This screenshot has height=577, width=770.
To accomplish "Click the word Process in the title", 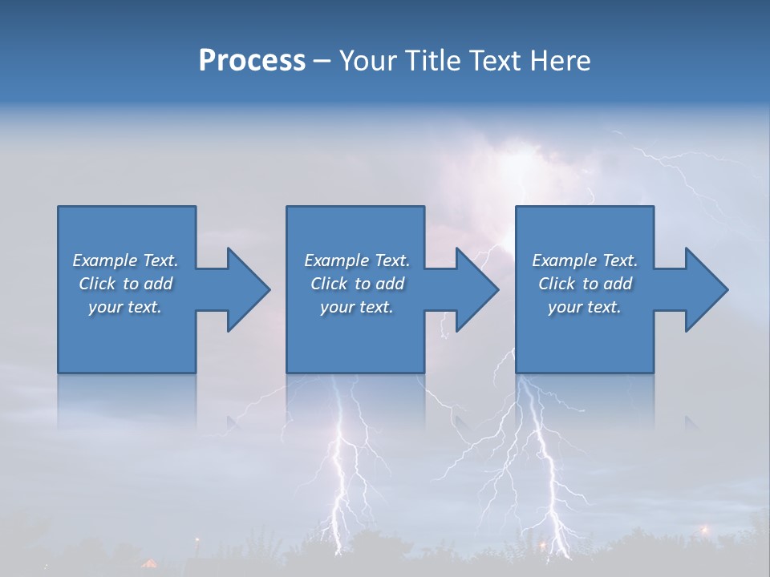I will coord(252,61).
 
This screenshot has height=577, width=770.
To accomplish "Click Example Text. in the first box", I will coord(125,260).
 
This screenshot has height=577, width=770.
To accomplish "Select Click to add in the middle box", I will coord(357,284).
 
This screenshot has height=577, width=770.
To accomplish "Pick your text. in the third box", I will coord(584,307).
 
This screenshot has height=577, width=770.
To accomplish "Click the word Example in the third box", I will coord(564,260).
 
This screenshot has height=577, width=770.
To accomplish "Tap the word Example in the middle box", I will coord(336,260).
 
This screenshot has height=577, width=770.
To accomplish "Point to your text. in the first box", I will coord(125,307).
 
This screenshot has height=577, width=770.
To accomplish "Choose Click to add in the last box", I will coord(585,284).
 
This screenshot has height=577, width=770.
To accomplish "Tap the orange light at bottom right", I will coord(706,529).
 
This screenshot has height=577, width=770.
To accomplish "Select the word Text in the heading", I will coord(496,61).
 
